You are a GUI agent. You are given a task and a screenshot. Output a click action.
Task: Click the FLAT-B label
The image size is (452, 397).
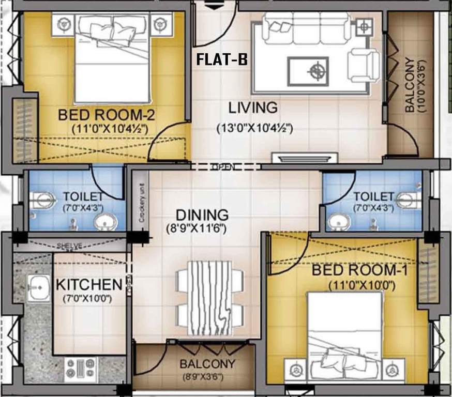221,60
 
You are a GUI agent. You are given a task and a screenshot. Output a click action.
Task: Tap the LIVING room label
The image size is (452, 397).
253,108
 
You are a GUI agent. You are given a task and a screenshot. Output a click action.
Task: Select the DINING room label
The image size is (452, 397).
202,215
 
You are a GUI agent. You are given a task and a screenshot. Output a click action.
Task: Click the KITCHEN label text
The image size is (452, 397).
89,284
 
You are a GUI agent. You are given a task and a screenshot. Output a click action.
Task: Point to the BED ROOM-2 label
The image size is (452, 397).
107,114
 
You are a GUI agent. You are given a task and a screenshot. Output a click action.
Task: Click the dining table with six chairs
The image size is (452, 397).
210,298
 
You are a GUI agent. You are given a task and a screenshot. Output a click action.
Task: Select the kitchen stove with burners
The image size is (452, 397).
80,369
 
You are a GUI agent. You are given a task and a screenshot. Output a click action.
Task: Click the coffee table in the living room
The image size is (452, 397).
308,71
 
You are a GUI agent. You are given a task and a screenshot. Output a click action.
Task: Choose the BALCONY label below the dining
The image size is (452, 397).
207,364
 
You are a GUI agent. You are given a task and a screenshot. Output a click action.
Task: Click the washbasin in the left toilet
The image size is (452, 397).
106,222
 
